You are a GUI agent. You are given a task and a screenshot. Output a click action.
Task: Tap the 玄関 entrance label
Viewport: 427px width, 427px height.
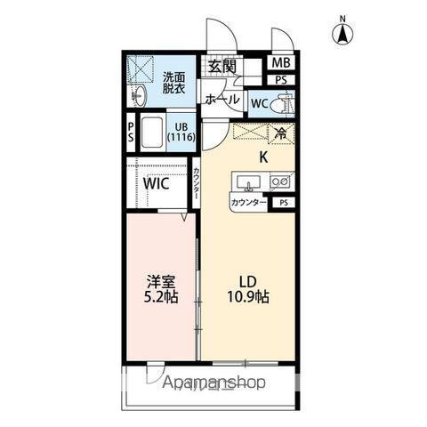(222, 66)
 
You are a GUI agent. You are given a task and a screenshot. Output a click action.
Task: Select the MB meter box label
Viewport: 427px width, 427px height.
(280, 62)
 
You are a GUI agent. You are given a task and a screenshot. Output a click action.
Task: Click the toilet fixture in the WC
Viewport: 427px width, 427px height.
(283, 103)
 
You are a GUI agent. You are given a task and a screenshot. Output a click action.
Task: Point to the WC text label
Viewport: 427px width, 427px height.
(259, 103)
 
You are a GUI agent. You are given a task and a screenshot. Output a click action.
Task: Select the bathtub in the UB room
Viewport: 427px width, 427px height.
(152, 133)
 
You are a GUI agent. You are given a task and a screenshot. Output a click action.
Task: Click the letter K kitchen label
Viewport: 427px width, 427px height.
(263, 157)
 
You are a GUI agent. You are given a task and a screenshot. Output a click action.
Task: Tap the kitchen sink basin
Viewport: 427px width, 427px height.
(248, 182)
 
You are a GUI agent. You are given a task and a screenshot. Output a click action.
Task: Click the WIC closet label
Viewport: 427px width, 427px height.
(157, 185)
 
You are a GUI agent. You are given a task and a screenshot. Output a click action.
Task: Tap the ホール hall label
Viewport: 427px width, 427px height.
(222, 101)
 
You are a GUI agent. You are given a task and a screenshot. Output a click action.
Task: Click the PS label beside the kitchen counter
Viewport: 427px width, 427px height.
(284, 203)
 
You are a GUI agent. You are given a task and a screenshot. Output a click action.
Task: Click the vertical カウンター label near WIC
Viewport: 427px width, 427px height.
(196, 184)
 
